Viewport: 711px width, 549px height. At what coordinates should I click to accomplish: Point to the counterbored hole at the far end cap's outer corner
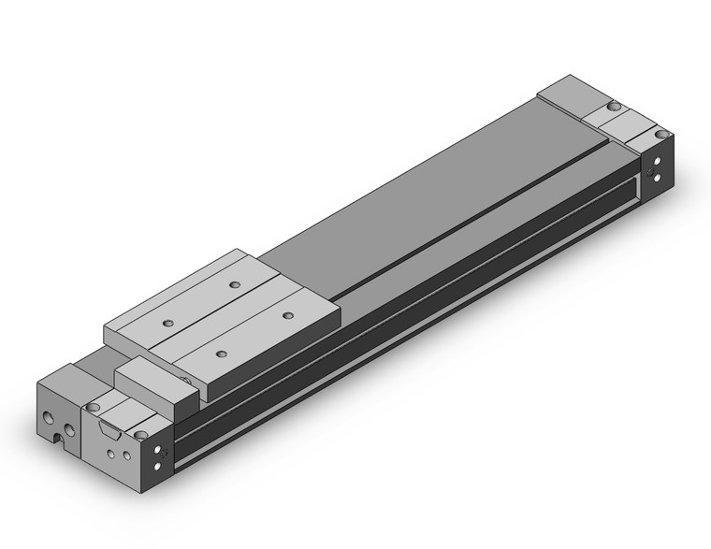(x=661, y=136)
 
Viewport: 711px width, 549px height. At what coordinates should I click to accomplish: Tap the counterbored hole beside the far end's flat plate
(x=616, y=106)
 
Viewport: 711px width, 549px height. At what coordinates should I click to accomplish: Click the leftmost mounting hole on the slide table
(x=168, y=324)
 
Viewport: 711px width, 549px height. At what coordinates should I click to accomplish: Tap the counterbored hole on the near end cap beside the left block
(x=94, y=408)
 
